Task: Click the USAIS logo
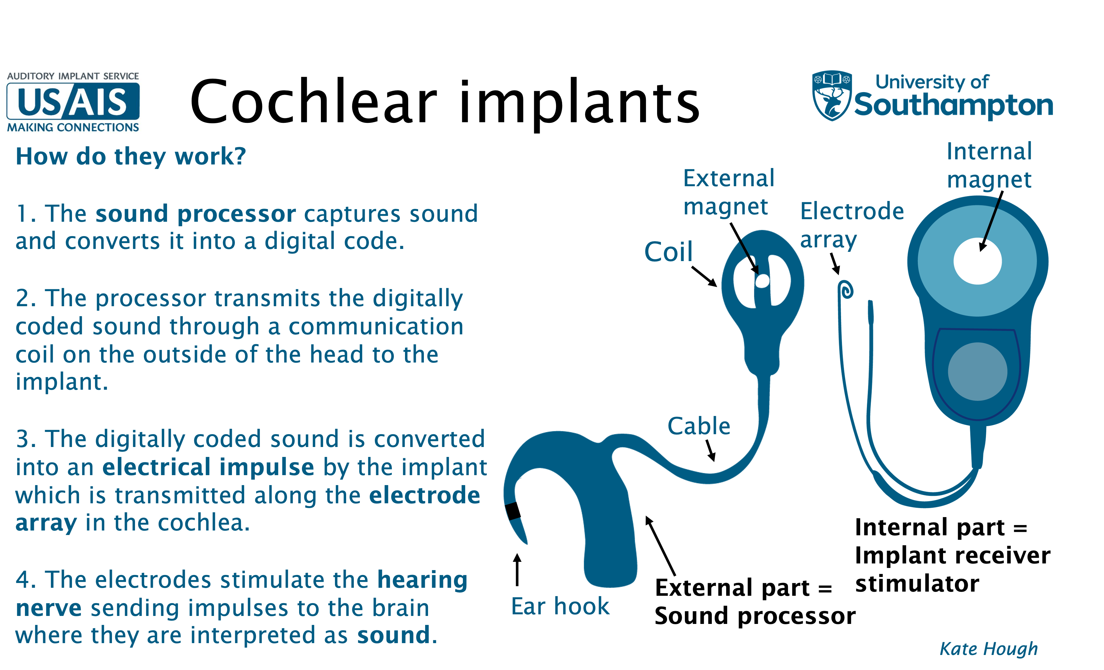click(73, 102)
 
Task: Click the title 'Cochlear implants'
click(444, 102)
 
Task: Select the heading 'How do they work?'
click(131, 157)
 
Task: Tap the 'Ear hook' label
click(560, 606)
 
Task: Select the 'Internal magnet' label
click(989, 166)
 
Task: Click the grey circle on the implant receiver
click(977, 371)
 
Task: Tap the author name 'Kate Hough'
click(989, 649)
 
